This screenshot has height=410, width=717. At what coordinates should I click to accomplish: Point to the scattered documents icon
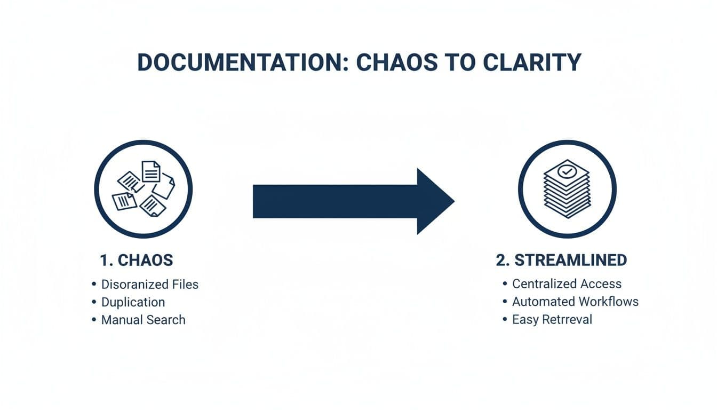(x=144, y=189)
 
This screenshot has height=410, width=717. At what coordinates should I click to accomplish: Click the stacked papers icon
(x=567, y=189)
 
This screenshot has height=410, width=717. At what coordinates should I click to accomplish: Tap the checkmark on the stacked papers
(x=567, y=172)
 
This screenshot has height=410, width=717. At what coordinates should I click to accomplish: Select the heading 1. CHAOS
(x=137, y=261)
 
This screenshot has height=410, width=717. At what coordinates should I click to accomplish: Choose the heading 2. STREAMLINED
(x=561, y=261)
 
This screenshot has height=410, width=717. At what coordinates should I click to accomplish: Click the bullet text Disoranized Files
(x=150, y=285)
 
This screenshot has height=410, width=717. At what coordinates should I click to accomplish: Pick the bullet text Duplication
(x=133, y=302)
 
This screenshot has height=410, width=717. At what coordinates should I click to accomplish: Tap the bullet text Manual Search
(x=144, y=320)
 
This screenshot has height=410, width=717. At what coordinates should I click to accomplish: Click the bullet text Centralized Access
(x=567, y=284)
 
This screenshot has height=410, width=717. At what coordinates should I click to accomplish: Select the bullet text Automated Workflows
(x=575, y=302)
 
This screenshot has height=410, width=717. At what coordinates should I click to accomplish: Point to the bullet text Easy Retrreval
(x=552, y=320)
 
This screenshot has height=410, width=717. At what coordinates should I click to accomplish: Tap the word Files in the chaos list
(x=184, y=285)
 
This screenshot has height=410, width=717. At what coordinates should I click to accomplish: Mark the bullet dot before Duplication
(x=94, y=303)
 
